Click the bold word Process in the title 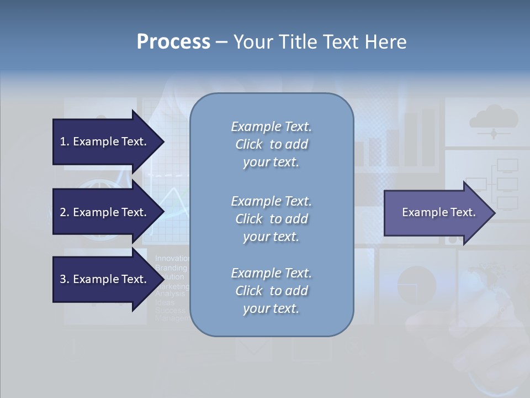(x=173, y=42)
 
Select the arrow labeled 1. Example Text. (x=103, y=142)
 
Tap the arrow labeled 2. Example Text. (x=103, y=212)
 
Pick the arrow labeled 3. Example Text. (x=103, y=279)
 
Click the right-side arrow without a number (x=438, y=212)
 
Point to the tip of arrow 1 (x=163, y=142)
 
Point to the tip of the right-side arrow (x=494, y=212)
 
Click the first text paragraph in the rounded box (x=271, y=144)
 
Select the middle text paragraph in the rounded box (x=271, y=218)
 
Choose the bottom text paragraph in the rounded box (x=271, y=291)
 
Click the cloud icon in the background (x=493, y=119)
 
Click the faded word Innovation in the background (x=172, y=258)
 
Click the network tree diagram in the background (x=500, y=182)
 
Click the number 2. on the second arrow (x=65, y=212)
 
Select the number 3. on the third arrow (x=65, y=279)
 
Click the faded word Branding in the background (x=171, y=268)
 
